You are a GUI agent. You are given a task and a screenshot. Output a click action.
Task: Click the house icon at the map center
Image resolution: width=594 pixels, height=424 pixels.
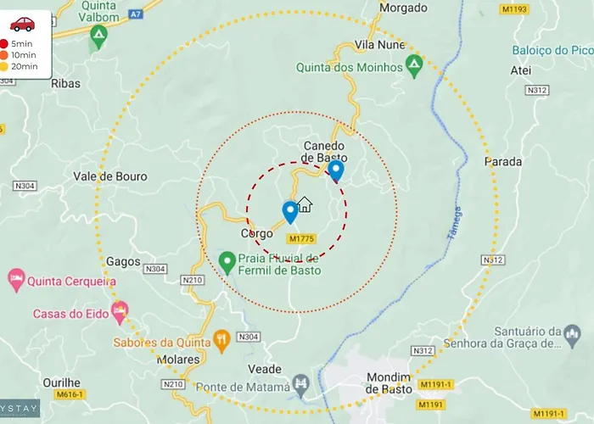pos(305,204)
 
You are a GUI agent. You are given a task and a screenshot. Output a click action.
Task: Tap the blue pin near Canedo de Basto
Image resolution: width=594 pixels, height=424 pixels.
pos(336,171)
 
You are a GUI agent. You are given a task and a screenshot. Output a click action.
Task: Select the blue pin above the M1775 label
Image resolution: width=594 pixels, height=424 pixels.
pos(290,211)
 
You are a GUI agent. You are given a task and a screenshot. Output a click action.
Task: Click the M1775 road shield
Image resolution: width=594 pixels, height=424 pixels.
pos(302,239)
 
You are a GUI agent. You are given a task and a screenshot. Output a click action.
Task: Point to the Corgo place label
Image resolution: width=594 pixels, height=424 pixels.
pos(257,233)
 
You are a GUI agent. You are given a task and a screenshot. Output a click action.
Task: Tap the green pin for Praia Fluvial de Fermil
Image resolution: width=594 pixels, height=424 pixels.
pos(227,262)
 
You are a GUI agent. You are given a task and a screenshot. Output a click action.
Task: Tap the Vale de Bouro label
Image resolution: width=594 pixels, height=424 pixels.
pos(110,176)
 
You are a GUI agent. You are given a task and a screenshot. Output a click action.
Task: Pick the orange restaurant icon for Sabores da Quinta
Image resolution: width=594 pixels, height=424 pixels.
pos(221,342)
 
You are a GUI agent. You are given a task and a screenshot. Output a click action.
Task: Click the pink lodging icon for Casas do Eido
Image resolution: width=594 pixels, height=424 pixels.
pos(120,312)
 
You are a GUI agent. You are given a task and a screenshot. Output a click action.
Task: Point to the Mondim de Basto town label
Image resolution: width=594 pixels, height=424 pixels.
pos(389,382)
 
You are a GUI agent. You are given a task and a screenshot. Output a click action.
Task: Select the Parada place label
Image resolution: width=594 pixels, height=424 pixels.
pos(503,161)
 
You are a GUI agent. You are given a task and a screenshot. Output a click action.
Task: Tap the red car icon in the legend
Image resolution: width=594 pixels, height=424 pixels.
pos(23,24)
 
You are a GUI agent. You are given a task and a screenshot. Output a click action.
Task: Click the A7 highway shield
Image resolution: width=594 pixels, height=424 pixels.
pos(135,14)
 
